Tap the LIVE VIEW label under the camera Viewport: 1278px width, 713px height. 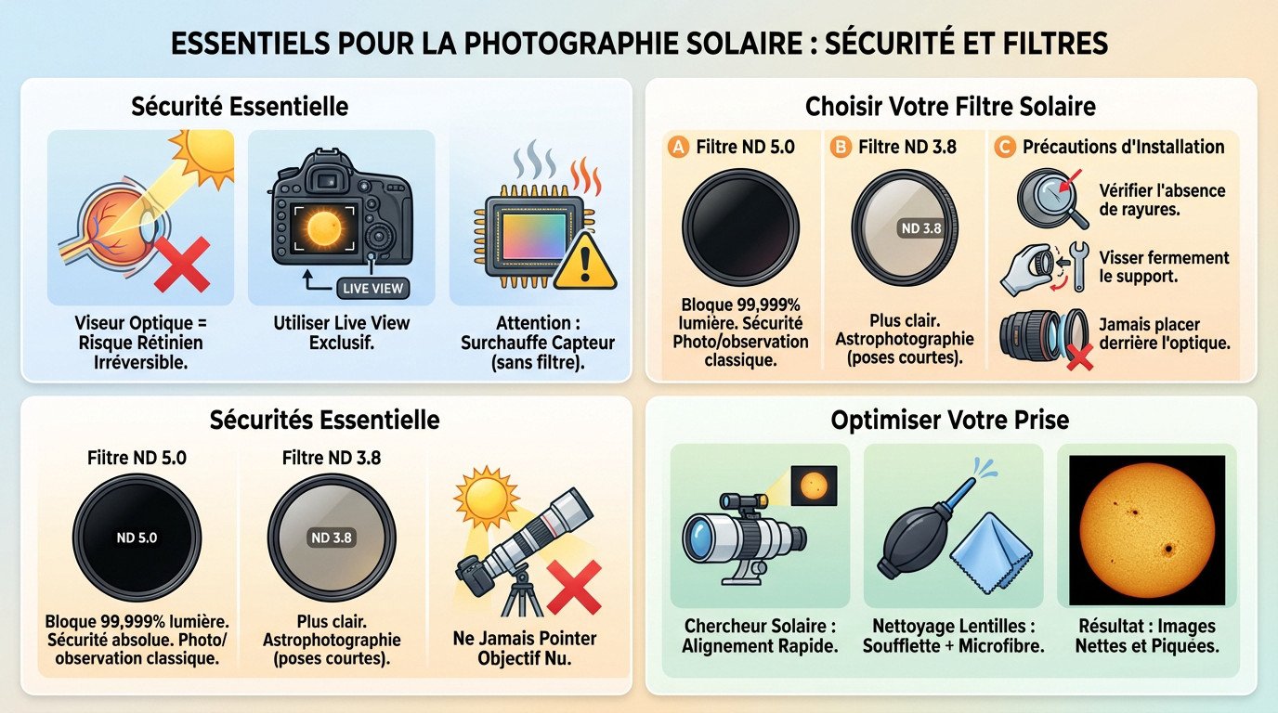(372, 288)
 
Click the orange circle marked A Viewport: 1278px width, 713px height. (678, 147)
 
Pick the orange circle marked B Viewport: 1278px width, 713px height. (841, 147)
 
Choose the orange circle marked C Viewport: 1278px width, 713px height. (1004, 147)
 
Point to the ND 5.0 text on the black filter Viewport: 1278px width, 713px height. (137, 538)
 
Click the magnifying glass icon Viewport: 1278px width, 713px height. (1050, 201)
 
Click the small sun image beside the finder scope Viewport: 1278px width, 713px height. (814, 485)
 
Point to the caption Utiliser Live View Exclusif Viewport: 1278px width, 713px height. (341, 333)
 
